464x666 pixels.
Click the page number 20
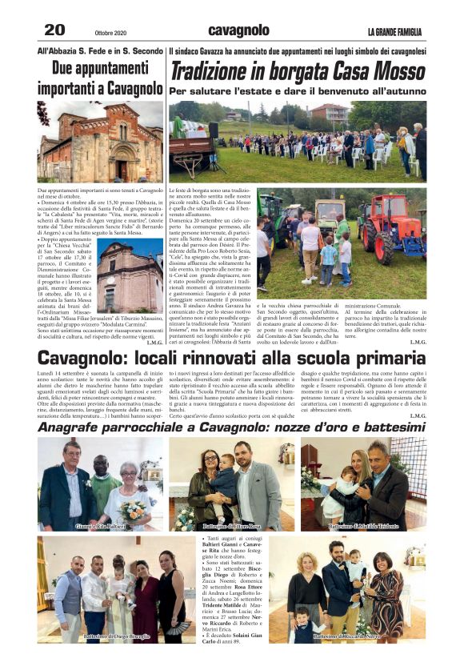pyautogui.click(x=54, y=30)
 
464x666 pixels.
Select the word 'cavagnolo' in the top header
pyautogui.click(x=238, y=30)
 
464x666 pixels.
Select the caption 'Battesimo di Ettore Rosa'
pyautogui.click(x=232, y=526)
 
